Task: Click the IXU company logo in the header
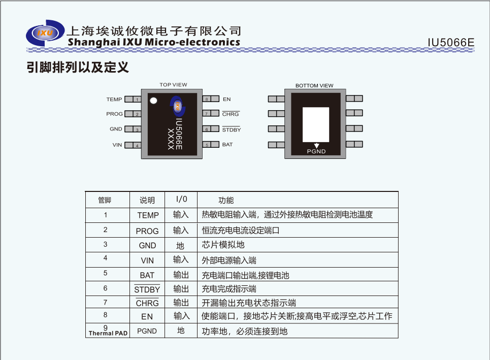pyautogui.click(x=45, y=33)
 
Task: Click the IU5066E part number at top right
pyautogui.click(x=450, y=43)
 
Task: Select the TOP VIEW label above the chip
pyautogui.click(x=173, y=85)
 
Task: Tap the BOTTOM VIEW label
pyautogui.click(x=314, y=86)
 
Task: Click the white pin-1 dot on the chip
pyautogui.click(x=153, y=101)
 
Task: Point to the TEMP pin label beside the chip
pyautogui.click(x=114, y=100)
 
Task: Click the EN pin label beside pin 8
pyautogui.click(x=226, y=100)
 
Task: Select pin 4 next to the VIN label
pyautogui.click(x=133, y=145)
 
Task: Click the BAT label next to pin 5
pyautogui.click(x=227, y=145)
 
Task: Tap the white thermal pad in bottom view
pyautogui.click(x=316, y=125)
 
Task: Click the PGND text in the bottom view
pyautogui.click(x=316, y=151)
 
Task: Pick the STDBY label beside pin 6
pyautogui.click(x=232, y=129)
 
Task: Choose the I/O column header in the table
pyautogui.click(x=182, y=200)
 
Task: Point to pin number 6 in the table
pyautogui.click(x=105, y=288)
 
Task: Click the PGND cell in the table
pyautogui.click(x=147, y=331)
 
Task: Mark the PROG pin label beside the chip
pyautogui.click(x=114, y=114)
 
